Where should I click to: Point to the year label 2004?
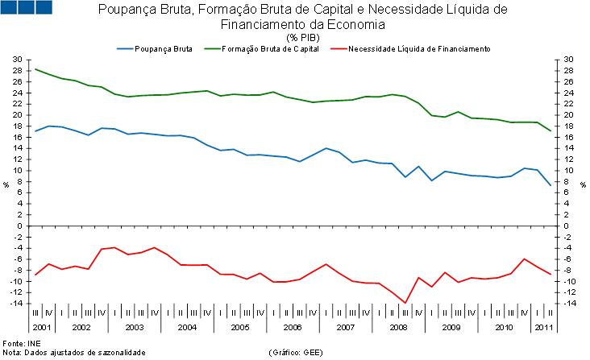(x=186, y=327)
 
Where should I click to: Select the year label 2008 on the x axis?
(x=397, y=327)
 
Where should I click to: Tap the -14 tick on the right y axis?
(x=569, y=304)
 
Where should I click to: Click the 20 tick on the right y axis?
(x=568, y=115)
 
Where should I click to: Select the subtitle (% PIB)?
(x=302, y=37)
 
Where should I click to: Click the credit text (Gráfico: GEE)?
(x=297, y=352)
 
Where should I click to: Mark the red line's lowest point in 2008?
(x=404, y=303)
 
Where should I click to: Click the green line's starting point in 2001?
(x=35, y=69)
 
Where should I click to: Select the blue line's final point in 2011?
(x=550, y=186)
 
